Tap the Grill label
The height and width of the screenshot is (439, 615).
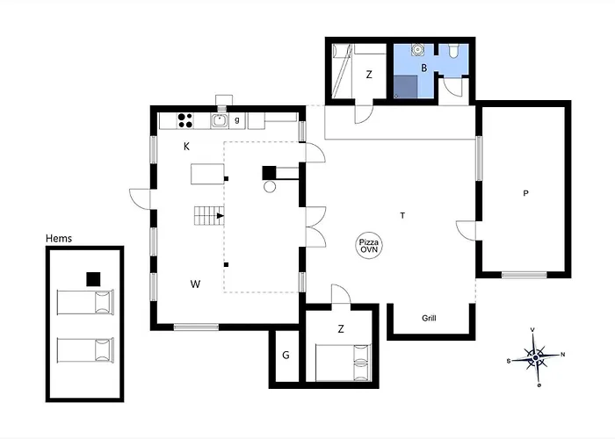click(x=429, y=318)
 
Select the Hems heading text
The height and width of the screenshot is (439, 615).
click(x=59, y=238)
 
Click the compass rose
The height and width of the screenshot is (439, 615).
click(x=536, y=357)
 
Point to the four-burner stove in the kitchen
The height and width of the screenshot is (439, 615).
click(x=185, y=120)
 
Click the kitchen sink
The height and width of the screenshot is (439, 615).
click(x=220, y=120)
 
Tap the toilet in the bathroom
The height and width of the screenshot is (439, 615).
click(x=453, y=51)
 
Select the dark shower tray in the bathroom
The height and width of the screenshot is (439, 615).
click(x=406, y=87)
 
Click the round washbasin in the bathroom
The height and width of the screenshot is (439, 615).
click(x=417, y=50)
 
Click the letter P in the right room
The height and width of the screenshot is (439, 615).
click(x=526, y=193)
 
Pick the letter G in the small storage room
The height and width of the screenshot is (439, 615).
click(x=286, y=355)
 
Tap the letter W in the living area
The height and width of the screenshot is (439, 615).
click(x=195, y=284)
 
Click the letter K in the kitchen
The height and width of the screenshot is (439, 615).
click(x=186, y=147)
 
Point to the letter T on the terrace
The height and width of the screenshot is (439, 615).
click(x=402, y=215)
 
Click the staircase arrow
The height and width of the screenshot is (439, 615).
click(x=221, y=216)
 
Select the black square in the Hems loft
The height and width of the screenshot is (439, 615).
click(x=93, y=279)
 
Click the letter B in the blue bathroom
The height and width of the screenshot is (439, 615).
click(x=424, y=68)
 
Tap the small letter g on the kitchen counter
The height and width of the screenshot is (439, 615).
click(x=237, y=120)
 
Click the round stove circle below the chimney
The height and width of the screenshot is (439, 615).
click(x=270, y=186)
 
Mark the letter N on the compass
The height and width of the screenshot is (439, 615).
click(x=563, y=355)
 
